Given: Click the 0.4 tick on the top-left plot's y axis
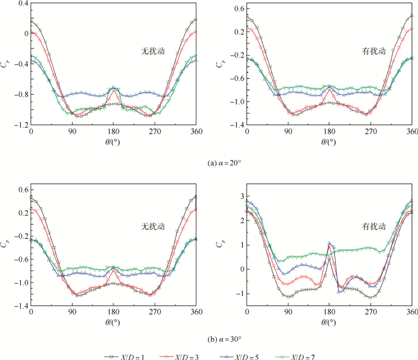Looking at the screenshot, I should (22, 3).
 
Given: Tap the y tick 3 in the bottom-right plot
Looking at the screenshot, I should (239, 196).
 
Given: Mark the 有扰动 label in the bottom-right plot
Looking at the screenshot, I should (371, 226).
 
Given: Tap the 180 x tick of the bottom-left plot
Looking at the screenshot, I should (113, 312).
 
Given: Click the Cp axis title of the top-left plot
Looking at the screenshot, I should (5, 64).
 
